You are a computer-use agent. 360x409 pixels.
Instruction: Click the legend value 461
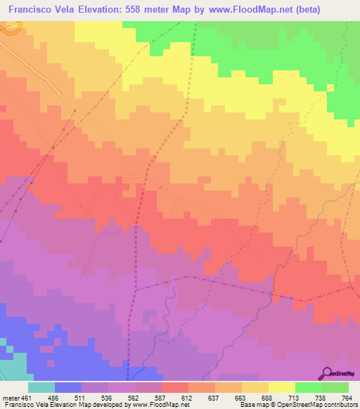[x=22, y=397]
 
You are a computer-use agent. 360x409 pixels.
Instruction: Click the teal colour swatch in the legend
[x=41, y=387]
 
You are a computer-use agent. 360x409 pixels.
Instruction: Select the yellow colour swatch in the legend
[x=282, y=387]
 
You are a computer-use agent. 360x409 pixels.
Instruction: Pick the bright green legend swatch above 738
[x=309, y=387]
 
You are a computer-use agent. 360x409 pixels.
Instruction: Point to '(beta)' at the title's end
[x=339, y=10]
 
